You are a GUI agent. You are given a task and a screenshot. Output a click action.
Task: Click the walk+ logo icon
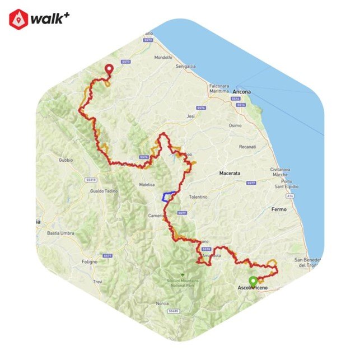click(x=18, y=18)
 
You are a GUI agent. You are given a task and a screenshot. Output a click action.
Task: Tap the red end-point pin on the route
click(x=109, y=69)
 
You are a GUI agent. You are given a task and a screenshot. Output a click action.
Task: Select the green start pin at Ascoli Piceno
click(x=253, y=281)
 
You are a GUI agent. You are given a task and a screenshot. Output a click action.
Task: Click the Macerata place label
click(x=230, y=174)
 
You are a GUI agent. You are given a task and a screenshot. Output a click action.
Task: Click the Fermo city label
click(x=278, y=209)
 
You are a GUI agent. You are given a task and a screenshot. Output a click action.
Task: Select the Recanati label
click(x=246, y=147)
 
